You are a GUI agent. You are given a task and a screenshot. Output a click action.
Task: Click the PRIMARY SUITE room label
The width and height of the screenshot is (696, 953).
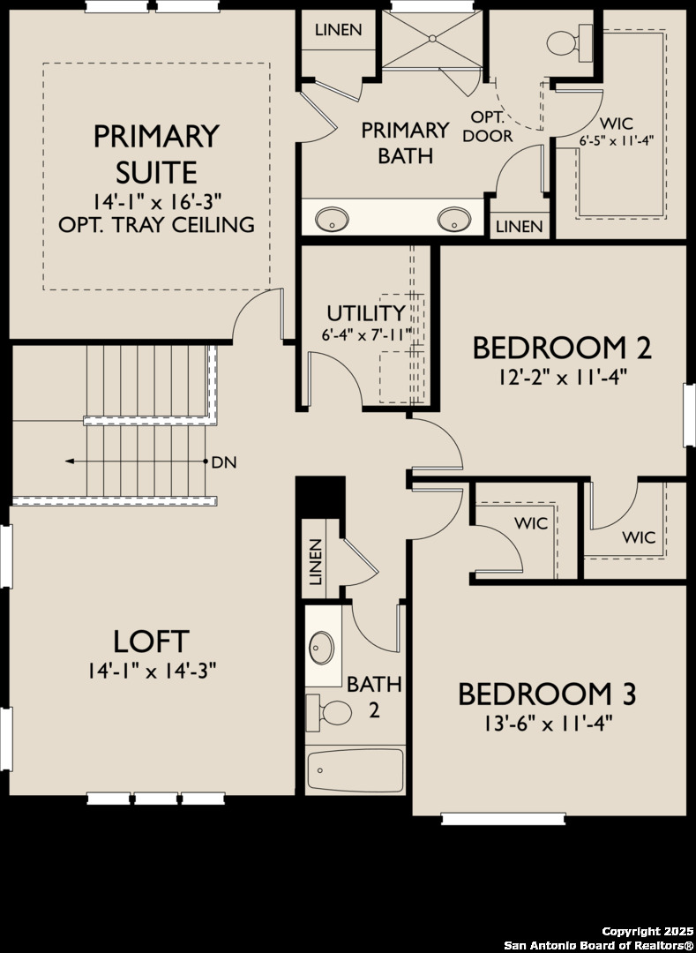(156, 153)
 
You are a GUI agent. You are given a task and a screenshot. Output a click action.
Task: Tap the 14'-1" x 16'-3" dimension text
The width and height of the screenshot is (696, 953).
(156, 200)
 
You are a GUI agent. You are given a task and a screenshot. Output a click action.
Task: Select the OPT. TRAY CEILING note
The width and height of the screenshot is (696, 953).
(156, 224)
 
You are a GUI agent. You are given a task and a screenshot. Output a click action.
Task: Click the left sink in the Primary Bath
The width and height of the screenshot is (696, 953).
(332, 218)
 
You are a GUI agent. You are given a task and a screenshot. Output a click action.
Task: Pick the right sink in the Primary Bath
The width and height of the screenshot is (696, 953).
(454, 218)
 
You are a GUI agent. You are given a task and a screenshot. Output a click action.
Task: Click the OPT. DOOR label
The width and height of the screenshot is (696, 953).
(487, 127)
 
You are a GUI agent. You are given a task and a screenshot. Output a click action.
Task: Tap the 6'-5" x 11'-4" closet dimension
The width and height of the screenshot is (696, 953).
(616, 141)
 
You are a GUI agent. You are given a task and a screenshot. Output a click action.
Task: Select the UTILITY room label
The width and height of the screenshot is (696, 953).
(365, 313)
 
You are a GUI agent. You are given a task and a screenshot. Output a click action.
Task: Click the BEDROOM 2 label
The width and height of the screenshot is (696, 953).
(562, 348)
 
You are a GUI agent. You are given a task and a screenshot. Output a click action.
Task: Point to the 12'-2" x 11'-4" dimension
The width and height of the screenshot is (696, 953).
(562, 378)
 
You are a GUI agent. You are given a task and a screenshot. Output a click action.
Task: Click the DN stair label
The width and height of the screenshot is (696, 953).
(224, 461)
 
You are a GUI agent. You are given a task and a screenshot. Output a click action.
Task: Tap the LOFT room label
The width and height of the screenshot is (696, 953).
(151, 641)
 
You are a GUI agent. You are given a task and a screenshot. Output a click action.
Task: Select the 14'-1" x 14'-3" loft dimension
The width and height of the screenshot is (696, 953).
(151, 672)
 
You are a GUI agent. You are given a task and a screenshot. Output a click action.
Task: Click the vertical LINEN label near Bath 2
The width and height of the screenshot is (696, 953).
(316, 561)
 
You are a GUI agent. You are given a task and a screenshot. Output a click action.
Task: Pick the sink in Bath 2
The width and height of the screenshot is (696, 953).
(322, 649)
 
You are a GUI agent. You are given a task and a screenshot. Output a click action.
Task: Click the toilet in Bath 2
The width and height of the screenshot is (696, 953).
(328, 711)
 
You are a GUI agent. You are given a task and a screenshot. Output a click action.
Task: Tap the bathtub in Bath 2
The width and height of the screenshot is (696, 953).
(355, 770)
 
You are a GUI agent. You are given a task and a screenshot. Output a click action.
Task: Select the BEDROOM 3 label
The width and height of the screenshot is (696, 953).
(547, 694)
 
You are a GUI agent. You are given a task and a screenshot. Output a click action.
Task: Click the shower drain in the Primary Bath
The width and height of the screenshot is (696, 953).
(432, 38)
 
